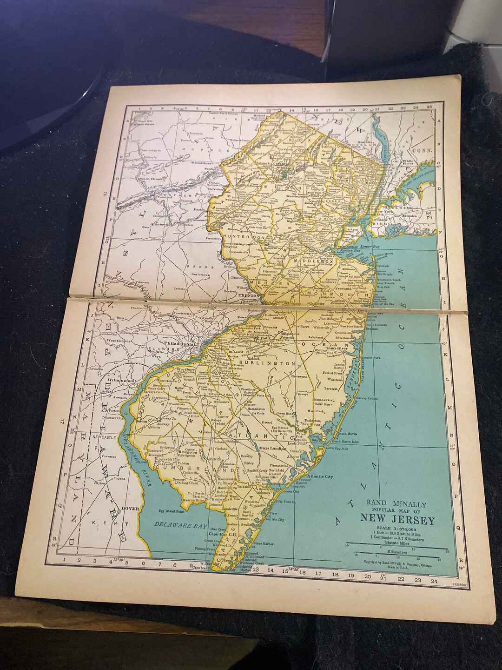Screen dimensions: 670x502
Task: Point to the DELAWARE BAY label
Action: (176, 525)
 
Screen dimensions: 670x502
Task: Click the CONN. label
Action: (423, 150)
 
